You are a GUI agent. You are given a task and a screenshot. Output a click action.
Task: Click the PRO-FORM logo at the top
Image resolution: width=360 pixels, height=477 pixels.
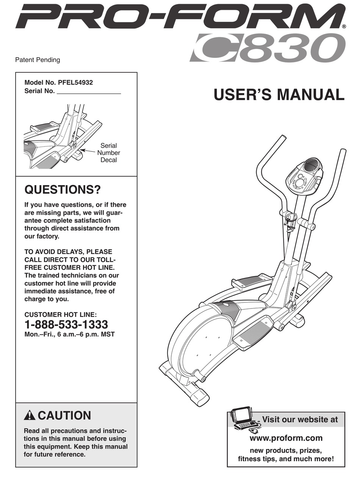point(178,17)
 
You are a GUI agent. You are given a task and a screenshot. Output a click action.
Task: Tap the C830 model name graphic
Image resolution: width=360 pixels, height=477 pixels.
point(265,48)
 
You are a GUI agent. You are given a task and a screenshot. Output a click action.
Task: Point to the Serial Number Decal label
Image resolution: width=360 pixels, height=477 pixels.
point(108,153)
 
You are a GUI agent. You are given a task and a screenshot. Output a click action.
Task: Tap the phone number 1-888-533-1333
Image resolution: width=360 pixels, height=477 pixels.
point(66,324)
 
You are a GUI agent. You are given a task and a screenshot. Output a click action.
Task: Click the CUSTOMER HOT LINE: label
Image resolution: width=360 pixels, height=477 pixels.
point(61,315)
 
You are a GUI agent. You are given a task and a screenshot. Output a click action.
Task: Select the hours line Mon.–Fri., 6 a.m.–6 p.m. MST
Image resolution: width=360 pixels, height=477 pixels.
point(69,334)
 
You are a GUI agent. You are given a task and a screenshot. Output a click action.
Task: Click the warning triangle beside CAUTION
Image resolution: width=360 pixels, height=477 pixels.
point(29,416)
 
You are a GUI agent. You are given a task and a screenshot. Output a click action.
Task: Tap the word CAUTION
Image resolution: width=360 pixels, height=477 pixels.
point(64,416)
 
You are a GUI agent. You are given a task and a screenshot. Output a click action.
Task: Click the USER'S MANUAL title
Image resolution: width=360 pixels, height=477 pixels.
point(279,94)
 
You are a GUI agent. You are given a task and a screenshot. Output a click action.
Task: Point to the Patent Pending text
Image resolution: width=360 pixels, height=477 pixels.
point(37,60)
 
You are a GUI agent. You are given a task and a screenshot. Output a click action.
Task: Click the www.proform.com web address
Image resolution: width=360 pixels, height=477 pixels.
point(286,438)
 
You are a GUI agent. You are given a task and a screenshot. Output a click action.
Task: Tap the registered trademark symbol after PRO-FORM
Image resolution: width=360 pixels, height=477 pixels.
point(344,27)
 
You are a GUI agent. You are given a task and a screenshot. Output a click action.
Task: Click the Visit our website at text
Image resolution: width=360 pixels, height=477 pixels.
point(300,419)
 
